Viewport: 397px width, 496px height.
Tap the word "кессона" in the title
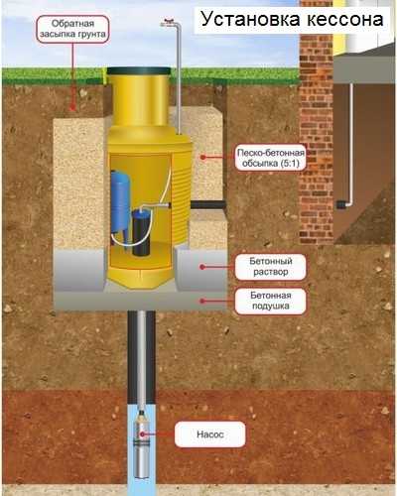click(345, 20)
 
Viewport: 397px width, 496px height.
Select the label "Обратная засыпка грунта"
click(72, 29)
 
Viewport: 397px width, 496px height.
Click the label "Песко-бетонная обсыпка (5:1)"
click(271, 158)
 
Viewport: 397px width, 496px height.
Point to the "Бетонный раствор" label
click(271, 267)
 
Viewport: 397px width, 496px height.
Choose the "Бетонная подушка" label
click(271, 301)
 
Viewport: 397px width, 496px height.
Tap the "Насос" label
click(210, 434)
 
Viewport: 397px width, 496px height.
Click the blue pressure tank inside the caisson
click(120, 203)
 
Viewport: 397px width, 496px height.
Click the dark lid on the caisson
click(139, 70)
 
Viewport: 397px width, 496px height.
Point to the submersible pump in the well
click(142, 444)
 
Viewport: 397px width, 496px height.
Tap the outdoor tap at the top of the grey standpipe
click(169, 22)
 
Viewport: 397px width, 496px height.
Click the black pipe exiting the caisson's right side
click(208, 204)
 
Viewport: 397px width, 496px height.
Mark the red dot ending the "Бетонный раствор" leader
click(202, 267)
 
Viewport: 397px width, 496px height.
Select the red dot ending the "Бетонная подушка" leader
click(202, 301)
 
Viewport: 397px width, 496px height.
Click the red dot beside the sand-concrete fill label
click(203, 158)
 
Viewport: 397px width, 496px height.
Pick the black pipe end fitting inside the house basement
click(341, 204)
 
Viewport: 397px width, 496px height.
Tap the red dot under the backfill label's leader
click(72, 107)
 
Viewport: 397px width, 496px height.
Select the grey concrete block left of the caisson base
click(79, 271)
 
